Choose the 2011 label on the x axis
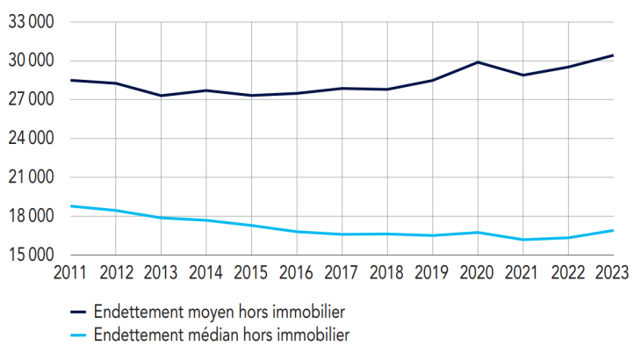point(69,271)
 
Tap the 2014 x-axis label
point(205,271)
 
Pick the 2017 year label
point(341,271)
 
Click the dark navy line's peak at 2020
point(477,62)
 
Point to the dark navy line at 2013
point(160,96)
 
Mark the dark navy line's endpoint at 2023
point(613,55)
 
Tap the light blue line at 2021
point(522,240)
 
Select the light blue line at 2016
point(296,232)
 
